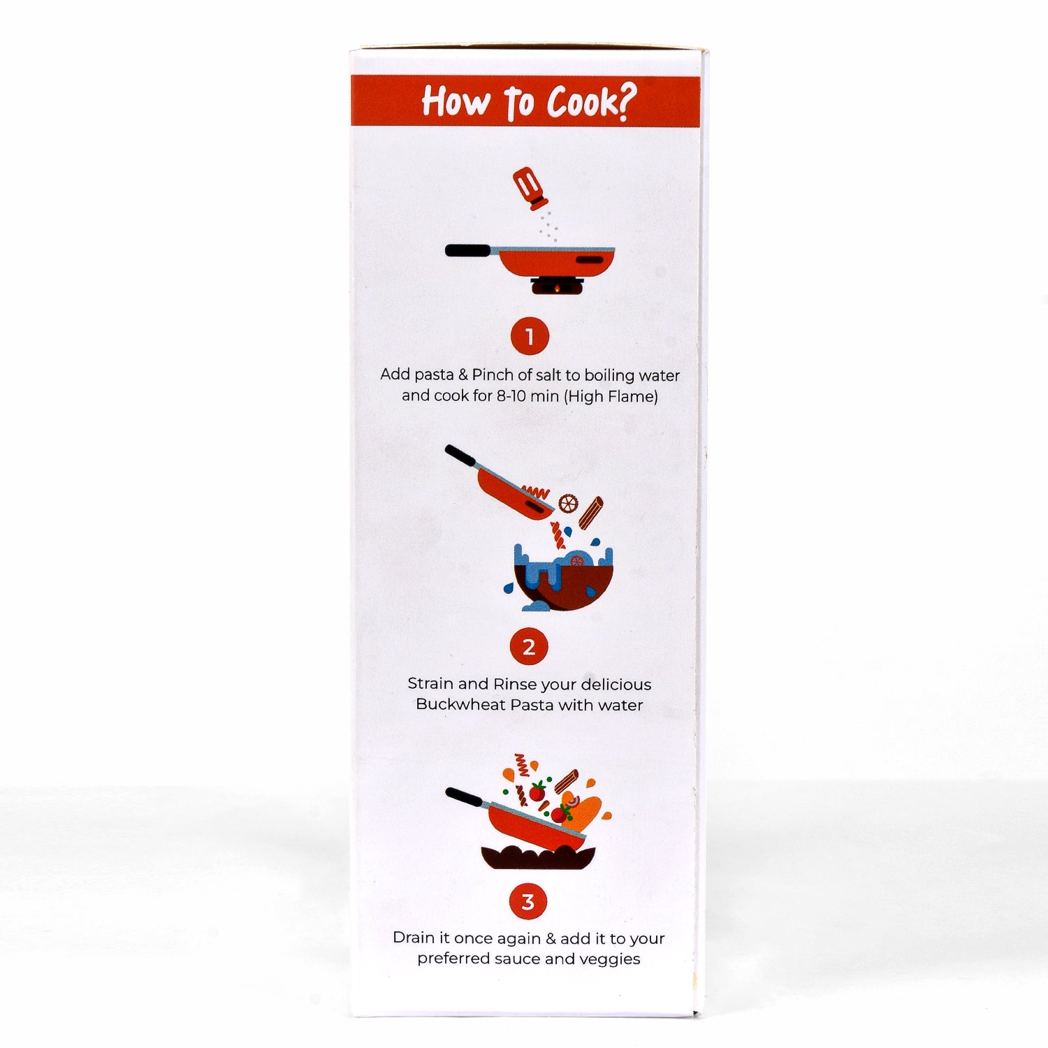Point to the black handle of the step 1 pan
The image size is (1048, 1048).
pos(469,250)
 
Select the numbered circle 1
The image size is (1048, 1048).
pos(530,337)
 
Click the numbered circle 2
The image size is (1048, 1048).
pos(529,647)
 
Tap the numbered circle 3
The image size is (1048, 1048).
pos(528,901)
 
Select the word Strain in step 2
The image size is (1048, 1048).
pos(430,684)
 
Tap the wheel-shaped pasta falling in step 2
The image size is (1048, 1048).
pos(568,502)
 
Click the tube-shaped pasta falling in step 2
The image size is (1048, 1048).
pos(591,510)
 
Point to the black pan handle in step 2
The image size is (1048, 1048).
pos(460,457)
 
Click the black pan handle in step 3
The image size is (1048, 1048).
pos(465,798)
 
